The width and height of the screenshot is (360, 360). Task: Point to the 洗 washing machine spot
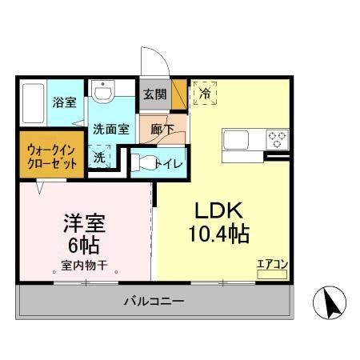pos(99,157)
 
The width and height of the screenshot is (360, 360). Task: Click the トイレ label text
pos(171,163)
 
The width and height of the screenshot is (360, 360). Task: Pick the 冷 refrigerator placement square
pos(203,93)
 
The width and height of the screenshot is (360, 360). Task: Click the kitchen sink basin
pos(239,139)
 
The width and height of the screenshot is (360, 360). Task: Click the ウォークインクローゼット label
pos(50,155)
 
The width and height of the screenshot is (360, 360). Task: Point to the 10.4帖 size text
pos(218,234)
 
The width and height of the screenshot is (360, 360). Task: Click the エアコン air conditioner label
pos(271,262)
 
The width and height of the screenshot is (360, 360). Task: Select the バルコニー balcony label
pos(154,302)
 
